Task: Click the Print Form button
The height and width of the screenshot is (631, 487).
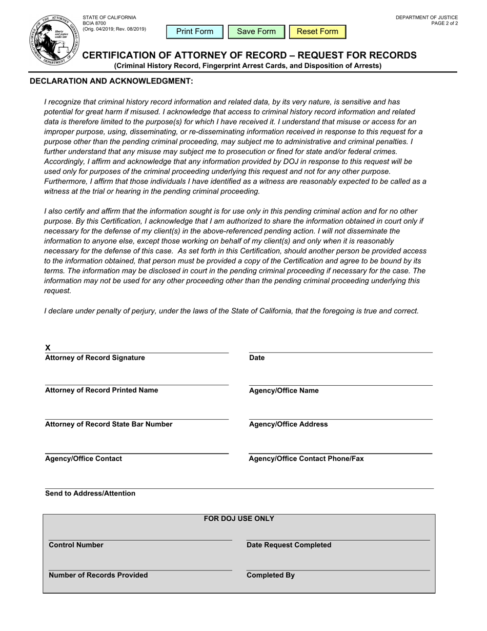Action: [x=195, y=32]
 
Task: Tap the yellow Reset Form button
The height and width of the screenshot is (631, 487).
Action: [x=317, y=32]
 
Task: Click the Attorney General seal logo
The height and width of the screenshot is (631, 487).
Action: [x=54, y=40]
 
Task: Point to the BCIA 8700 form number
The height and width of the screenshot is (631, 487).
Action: [x=94, y=23]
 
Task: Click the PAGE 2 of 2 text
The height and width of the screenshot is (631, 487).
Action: [x=444, y=23]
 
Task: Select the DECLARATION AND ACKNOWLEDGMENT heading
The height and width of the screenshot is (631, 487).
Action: [x=112, y=81]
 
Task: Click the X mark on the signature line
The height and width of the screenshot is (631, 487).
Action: [x=48, y=347]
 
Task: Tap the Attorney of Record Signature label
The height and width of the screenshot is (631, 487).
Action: [x=95, y=358]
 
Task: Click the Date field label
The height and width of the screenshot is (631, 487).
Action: [x=257, y=358]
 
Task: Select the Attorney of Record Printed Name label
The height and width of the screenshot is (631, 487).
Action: [x=102, y=390]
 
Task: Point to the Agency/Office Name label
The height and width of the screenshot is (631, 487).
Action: [x=283, y=390]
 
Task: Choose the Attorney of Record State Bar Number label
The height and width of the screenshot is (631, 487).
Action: [x=109, y=424]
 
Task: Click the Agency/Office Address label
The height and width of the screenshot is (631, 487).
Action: [x=288, y=424]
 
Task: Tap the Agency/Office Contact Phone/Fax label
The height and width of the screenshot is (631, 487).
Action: [x=306, y=459]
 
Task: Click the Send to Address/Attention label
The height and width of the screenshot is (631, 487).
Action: [x=90, y=493]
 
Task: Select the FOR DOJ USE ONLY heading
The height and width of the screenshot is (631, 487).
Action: [x=239, y=519]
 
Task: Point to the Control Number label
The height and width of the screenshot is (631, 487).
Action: [x=76, y=545]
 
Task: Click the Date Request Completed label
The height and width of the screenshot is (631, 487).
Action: [x=289, y=545]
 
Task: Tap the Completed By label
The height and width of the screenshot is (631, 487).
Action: [x=271, y=575]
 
